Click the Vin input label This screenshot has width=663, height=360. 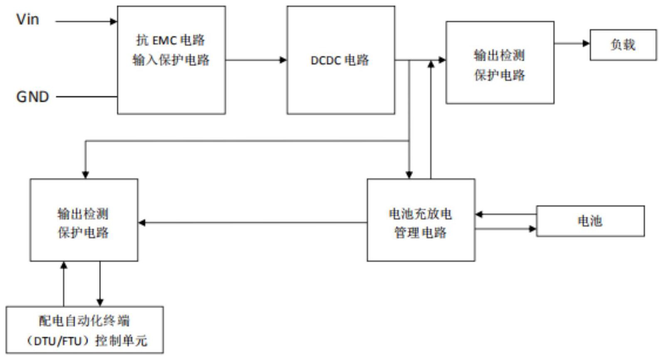tap(27, 19)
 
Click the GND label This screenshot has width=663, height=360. tap(32, 97)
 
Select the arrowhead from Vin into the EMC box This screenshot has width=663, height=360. tap(113, 21)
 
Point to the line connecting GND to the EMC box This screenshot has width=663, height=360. tap(87, 97)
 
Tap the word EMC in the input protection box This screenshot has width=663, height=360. tap(165, 40)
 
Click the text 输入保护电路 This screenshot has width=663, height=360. tap(171, 60)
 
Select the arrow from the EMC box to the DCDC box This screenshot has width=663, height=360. tap(256, 60)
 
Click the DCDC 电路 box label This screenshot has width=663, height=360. tap(340, 60)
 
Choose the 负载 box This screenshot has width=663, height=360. tap(623, 45)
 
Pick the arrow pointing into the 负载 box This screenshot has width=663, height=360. tap(572, 43)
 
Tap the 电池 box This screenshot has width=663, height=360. tap(590, 221)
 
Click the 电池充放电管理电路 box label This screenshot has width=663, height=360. tap(421, 223)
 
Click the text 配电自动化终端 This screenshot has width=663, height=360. tap(84, 321)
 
